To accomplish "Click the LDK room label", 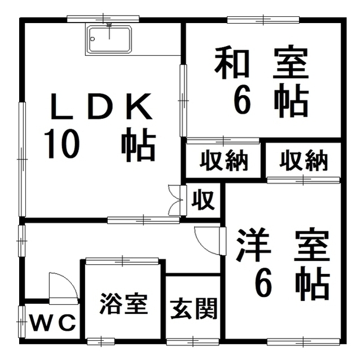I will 101,108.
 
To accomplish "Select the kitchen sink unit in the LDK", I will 109,39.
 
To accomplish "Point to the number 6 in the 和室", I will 243,102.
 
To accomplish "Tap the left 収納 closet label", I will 224,162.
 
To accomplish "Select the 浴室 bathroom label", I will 124,304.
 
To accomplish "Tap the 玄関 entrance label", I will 193,308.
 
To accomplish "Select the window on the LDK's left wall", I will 22,158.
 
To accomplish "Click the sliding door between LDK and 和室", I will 183,100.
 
